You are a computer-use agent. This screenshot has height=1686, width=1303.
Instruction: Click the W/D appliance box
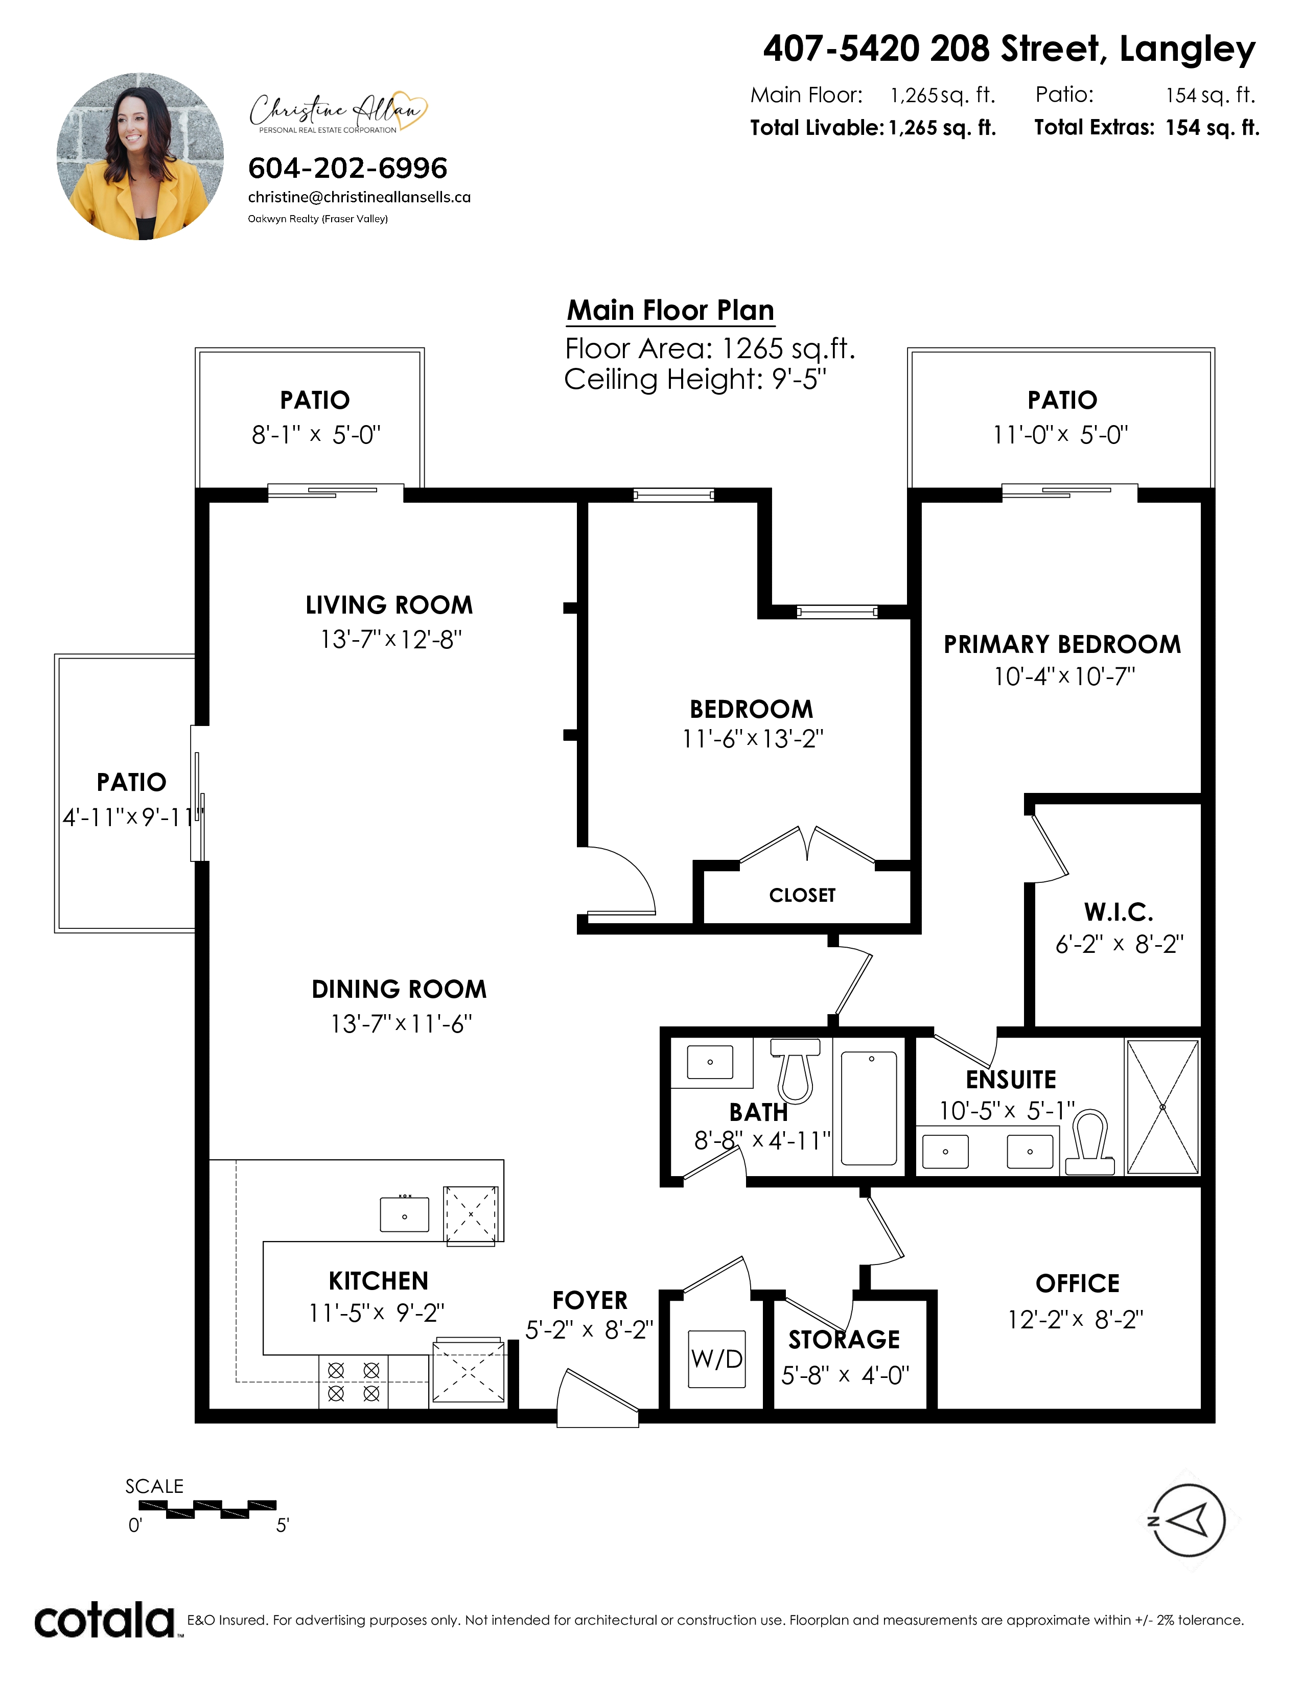[x=717, y=1359]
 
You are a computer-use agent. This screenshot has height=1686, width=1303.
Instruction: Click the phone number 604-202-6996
[x=347, y=168]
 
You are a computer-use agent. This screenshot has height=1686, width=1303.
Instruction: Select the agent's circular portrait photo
[x=141, y=157]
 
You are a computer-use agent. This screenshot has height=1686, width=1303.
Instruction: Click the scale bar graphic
[x=201, y=1509]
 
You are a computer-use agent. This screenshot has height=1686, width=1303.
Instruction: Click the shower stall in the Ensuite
[x=1162, y=1107]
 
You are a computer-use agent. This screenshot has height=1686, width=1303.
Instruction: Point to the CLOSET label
[x=802, y=896]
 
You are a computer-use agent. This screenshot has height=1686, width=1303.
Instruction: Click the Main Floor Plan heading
[x=670, y=310]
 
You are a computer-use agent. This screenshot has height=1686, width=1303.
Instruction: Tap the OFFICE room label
[x=1077, y=1284]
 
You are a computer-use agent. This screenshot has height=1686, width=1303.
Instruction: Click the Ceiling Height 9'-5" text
[x=695, y=380]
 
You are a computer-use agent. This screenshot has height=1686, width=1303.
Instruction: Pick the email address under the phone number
[x=359, y=197]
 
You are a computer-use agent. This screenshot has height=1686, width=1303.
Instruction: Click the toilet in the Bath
[x=796, y=1070]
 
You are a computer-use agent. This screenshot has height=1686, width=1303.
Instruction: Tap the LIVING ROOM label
[x=389, y=605]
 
